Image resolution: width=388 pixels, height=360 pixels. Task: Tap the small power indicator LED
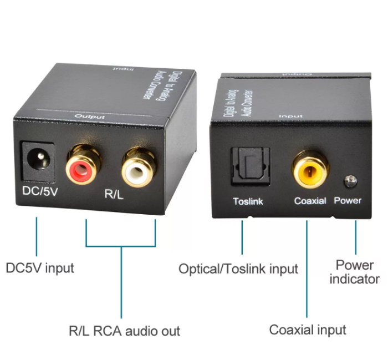tap(350, 181)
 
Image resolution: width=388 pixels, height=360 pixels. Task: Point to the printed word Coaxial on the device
tap(310, 200)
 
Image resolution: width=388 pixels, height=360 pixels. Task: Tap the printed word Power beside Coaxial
tap(348, 200)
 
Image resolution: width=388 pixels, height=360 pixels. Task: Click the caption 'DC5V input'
tap(40, 268)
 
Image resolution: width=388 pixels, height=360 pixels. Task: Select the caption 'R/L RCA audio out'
tap(124, 331)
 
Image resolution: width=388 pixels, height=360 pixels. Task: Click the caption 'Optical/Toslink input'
tap(238, 269)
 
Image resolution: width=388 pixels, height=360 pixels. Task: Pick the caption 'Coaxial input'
tap(308, 330)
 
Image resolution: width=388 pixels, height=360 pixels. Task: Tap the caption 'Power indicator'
tap(354, 272)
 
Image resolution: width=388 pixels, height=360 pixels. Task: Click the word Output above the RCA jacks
tap(90, 116)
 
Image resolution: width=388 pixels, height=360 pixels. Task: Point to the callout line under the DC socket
tap(37, 236)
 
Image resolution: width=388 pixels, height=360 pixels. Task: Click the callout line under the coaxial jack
tap(307, 266)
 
